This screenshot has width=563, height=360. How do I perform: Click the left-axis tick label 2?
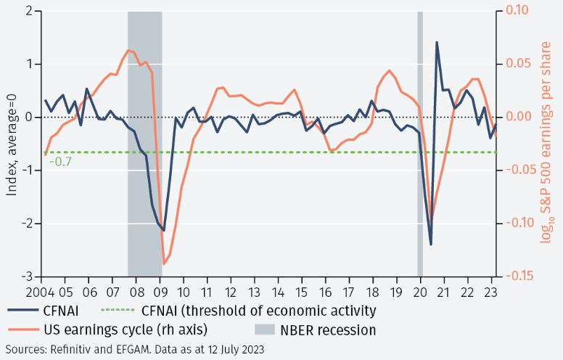pos(30,12)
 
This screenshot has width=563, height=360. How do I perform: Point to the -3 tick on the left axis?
pos(28,277)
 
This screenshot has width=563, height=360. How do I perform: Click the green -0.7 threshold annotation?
pos(61,161)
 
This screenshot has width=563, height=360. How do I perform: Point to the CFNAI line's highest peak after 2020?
pos(437,42)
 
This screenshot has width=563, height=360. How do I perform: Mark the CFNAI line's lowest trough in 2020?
pos(431,245)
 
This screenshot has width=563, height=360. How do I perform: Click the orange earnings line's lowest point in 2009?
pos(164,264)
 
